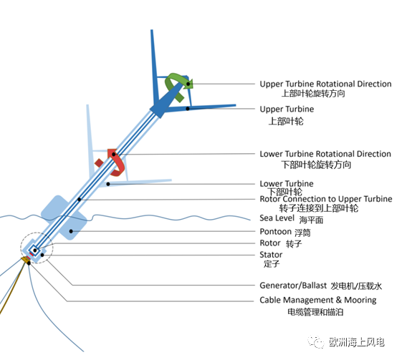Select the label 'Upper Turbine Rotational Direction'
point(325,84)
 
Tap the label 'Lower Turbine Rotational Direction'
point(325,154)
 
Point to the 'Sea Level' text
point(277,218)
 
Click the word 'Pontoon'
point(275,232)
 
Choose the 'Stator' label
point(271,255)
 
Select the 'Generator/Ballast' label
point(293,286)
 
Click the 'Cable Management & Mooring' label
point(318,300)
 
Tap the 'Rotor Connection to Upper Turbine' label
point(326,199)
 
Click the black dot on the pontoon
point(71,231)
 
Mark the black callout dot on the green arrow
point(188,84)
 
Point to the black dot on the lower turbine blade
point(108,184)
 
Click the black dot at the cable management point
point(29,263)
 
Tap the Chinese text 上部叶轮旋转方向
point(313,94)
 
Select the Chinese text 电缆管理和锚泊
point(315,312)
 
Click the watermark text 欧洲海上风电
point(357,342)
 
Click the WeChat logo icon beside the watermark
point(316,342)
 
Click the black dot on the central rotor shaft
point(80,200)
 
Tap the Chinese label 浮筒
point(302,233)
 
